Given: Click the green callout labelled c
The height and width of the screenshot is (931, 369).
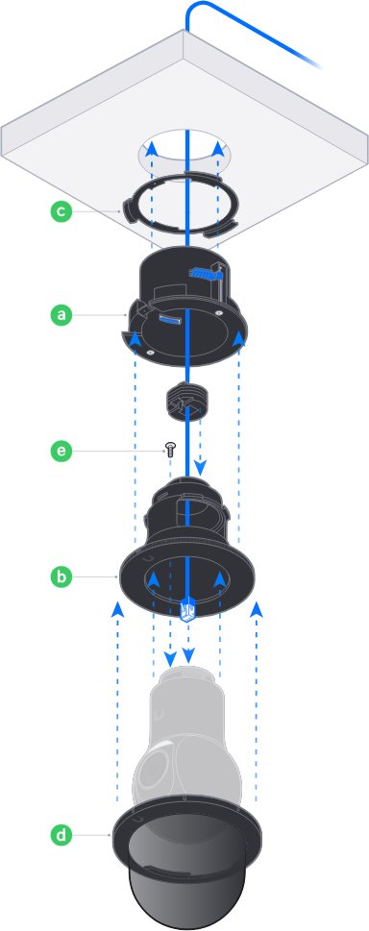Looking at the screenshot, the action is pos(61,211).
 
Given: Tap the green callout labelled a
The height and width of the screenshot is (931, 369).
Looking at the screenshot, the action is pos(61,315).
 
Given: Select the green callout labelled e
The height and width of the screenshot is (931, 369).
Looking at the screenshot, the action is pos(61,451).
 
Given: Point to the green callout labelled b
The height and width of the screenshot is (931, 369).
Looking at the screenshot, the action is pos(61,576).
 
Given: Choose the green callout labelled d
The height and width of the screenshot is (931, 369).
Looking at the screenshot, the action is pos(61,836).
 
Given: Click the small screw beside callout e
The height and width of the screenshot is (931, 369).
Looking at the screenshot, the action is pos(170,450).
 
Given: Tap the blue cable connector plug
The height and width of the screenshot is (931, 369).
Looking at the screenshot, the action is pos(186,608).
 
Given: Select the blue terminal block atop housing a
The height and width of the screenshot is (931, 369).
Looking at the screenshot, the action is pos(204,272).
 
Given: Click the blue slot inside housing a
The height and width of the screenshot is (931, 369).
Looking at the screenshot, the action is pos(168,321).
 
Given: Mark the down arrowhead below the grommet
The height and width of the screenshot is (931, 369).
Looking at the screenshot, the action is pos(200,468).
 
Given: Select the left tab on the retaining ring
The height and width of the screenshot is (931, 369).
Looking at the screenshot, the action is pos(130,209).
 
